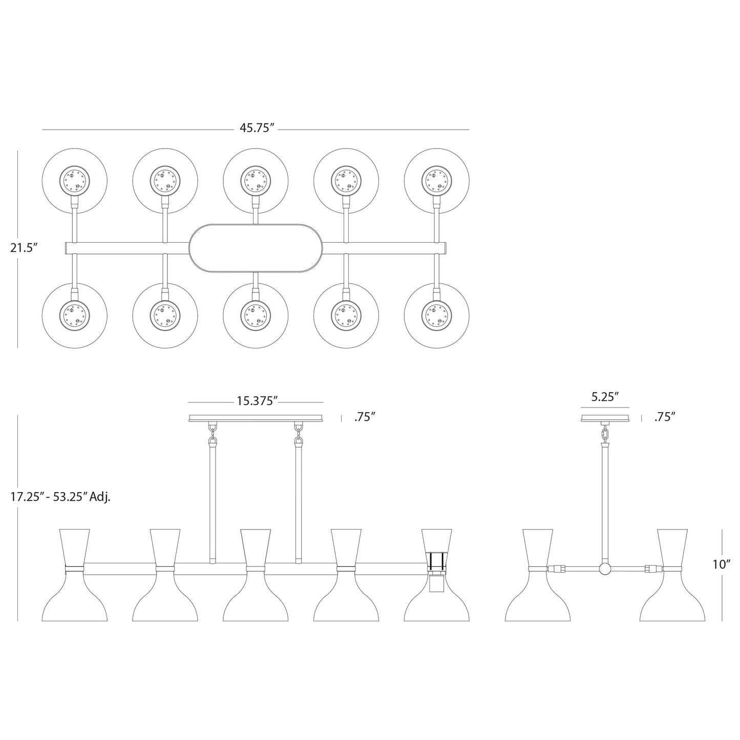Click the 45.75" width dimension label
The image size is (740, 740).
(x=255, y=129)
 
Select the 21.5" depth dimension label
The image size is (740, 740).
(x=24, y=248)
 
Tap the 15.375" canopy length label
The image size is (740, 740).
(x=257, y=401)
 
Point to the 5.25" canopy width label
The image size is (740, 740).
(x=605, y=397)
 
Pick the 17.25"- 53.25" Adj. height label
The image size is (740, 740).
(x=60, y=496)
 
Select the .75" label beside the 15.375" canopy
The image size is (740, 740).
(x=365, y=417)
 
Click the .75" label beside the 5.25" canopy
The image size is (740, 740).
(x=664, y=417)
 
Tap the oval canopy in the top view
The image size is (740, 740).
(x=256, y=248)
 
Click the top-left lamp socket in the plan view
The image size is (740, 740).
(x=75, y=180)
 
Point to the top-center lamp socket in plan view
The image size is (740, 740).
(x=256, y=180)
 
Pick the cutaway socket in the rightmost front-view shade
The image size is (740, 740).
(x=436, y=582)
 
